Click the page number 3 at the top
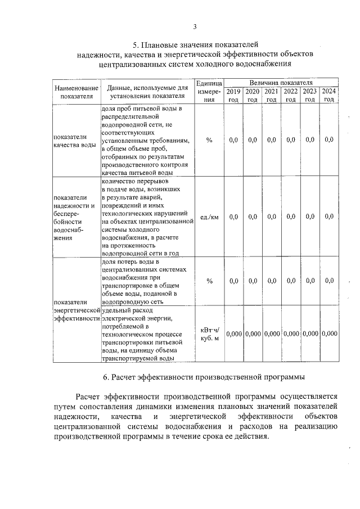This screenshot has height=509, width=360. [195, 26]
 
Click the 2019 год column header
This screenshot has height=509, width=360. [233, 95]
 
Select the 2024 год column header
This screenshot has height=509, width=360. [329, 95]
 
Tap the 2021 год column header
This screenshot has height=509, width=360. [271, 95]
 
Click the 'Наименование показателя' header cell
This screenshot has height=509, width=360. [75, 92]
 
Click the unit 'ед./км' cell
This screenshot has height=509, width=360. [209, 217]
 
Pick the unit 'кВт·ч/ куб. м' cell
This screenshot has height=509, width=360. [209, 334]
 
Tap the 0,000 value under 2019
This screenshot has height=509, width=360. [233, 334]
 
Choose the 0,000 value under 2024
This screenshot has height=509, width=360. [329, 334]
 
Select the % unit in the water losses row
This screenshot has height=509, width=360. [209, 281]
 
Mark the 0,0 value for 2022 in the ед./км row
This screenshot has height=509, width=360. [290, 217]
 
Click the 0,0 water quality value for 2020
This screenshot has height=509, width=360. [252, 140]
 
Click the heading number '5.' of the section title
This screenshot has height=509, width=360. [135, 44]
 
